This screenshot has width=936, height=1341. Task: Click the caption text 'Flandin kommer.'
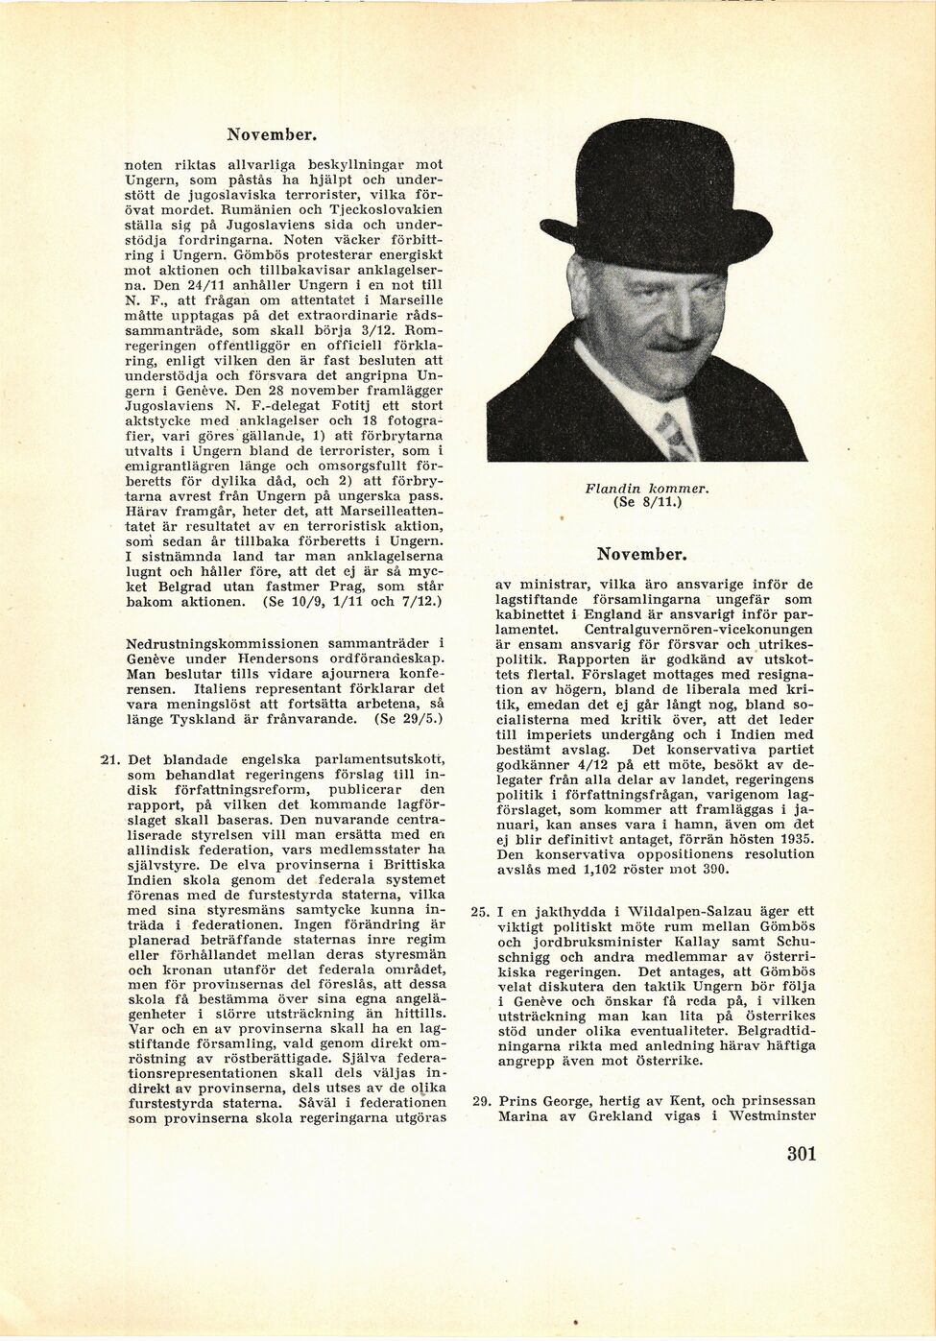pos(646,489)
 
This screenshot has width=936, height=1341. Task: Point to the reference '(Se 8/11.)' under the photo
pos(646,502)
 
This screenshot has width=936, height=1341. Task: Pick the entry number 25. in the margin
pos(481,910)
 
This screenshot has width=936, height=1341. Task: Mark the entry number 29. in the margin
pos(481,1100)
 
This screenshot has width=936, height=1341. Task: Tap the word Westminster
pos(771,1115)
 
